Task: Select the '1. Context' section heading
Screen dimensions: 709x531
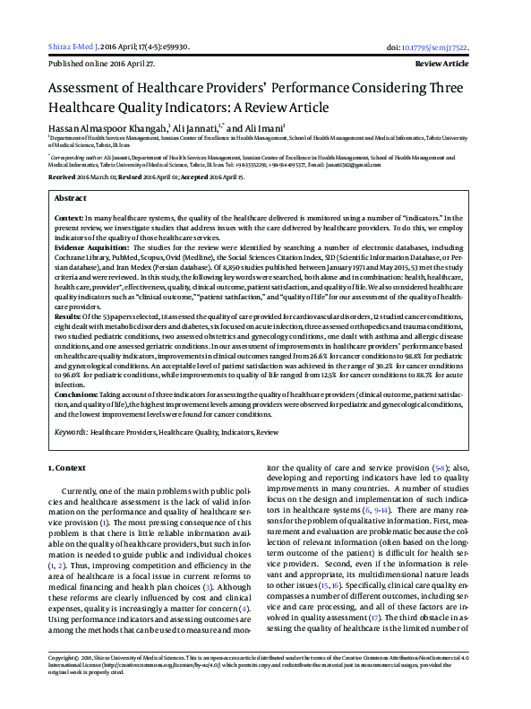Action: coord(67,468)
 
